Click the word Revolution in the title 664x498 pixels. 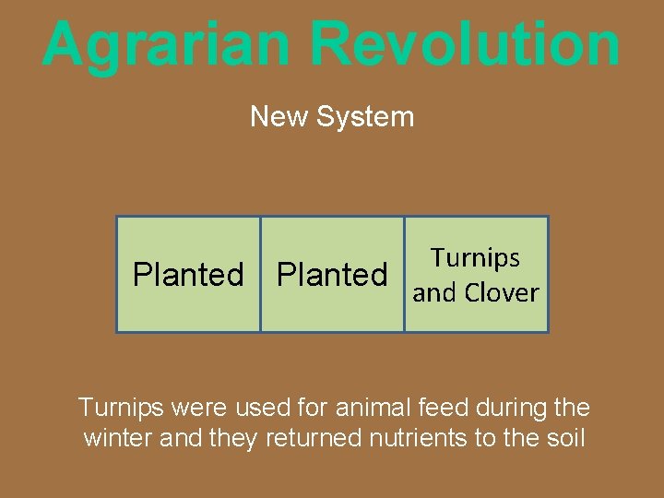pos(465,44)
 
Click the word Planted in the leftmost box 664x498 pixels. pos(188,275)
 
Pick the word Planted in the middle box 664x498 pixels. pos(332,275)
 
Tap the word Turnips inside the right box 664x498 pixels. pos(476,258)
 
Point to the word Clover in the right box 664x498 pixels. pos(502,293)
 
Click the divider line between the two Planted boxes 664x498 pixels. pos(260,275)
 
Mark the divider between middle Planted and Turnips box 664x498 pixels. pos(404,275)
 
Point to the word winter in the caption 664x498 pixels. pos(118,438)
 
